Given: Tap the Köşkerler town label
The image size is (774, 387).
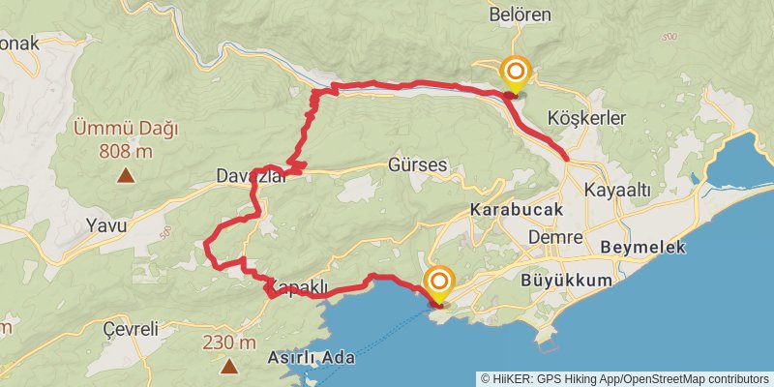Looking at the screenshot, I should coord(587,117).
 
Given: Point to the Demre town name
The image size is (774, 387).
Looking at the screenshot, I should coord(555,237).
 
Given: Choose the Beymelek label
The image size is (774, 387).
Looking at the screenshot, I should coord(642,247).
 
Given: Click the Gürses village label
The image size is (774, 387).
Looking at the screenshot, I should coord(417,164).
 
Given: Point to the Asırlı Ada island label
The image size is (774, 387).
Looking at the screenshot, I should coord(310,357).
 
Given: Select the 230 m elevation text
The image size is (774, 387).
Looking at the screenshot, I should coord(229,342).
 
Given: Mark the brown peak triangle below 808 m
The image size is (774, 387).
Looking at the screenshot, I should coord(126,175).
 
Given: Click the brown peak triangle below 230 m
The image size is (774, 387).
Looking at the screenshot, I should coord(229,366).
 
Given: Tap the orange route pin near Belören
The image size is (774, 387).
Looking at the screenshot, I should coord(516,72).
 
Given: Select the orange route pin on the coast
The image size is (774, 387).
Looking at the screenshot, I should coord(439,283).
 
